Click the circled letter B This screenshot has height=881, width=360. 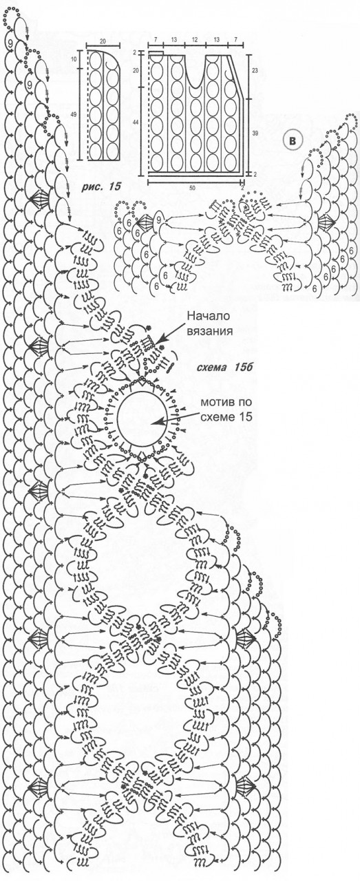tap(293, 140)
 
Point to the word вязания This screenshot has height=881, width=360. tap(210, 331)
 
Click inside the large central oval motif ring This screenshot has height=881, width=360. tap(142, 418)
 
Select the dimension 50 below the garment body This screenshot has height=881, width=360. tap(193, 189)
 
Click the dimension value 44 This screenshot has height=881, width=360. tap(136, 123)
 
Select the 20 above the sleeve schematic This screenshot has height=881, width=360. tap(103, 41)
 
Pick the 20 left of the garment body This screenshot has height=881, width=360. tap(136, 71)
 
